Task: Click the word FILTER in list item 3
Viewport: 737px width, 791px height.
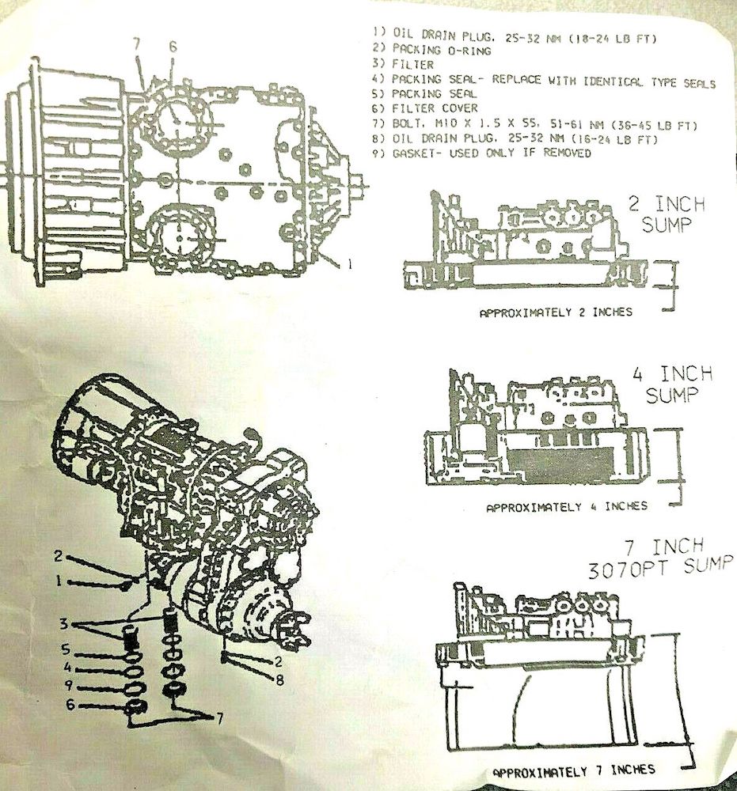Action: pyautogui.click(x=413, y=65)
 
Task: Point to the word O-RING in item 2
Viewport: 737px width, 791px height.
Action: pyautogui.click(x=469, y=50)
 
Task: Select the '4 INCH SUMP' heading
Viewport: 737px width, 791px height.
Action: pyautogui.click(x=672, y=384)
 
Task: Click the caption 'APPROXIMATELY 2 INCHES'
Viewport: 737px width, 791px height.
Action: pyautogui.click(x=556, y=312)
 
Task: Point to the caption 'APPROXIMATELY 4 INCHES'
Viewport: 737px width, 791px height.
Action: pyautogui.click(x=566, y=506)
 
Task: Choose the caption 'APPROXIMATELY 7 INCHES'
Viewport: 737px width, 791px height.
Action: pyautogui.click(x=573, y=770)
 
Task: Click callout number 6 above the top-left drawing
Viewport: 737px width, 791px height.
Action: pyautogui.click(x=173, y=47)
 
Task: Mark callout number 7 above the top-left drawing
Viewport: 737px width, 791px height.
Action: pyautogui.click(x=137, y=44)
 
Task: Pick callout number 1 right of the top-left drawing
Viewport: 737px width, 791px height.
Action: pyautogui.click(x=348, y=263)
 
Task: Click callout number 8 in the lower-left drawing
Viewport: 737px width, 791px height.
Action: pyautogui.click(x=279, y=679)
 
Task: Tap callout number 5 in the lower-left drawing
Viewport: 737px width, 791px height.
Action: pyautogui.click(x=66, y=649)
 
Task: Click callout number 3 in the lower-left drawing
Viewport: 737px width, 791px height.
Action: pyautogui.click(x=63, y=624)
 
